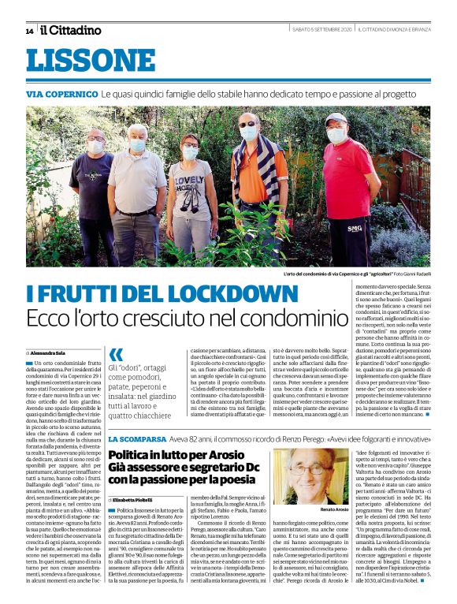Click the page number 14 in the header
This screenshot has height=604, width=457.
click(x=28, y=31)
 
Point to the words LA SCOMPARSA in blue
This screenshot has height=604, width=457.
click(x=137, y=438)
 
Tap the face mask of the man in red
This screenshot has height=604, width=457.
click(x=336, y=136)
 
